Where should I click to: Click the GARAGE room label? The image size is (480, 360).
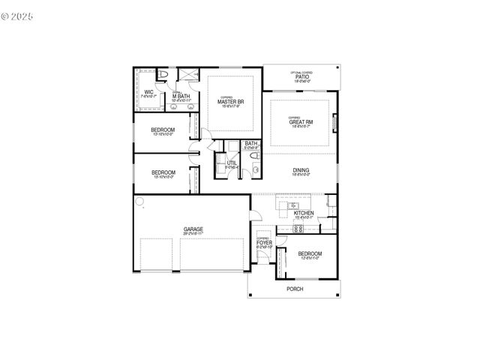(x=193, y=229)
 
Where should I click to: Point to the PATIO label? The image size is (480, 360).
(x=301, y=76)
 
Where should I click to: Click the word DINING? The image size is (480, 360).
(x=301, y=170)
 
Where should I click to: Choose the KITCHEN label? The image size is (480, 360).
(x=303, y=213)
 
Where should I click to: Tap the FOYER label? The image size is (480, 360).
(x=264, y=242)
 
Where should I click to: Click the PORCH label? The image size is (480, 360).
(x=295, y=289)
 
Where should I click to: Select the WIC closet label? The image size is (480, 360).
(x=148, y=92)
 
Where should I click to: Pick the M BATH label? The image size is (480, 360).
(x=180, y=96)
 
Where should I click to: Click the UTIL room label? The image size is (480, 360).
(x=232, y=163)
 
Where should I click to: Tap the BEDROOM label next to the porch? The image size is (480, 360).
(x=310, y=254)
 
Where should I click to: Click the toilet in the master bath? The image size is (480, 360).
(x=163, y=75)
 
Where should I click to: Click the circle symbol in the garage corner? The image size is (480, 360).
(x=139, y=201)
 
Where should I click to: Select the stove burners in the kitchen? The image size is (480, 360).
(x=284, y=229)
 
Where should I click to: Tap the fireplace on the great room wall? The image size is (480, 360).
(x=334, y=121)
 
